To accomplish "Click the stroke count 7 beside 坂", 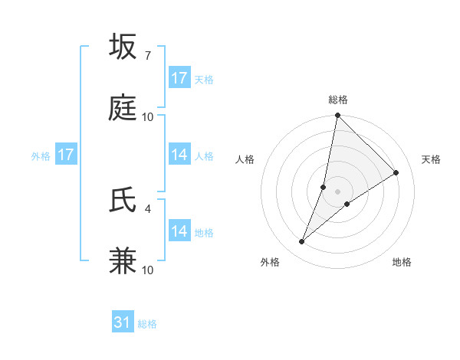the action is point(147,55).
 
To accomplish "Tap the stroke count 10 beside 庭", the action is point(148,116).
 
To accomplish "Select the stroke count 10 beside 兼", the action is point(148,270).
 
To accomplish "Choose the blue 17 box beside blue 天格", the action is point(179,78).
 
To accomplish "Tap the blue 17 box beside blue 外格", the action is point(66,155).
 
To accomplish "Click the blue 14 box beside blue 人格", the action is point(179,155).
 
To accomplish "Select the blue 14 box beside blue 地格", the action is point(179,231).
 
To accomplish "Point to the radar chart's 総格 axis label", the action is point(338,100).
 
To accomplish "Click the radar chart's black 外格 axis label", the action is point(270,262).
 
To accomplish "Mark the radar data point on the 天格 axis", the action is point(396,172).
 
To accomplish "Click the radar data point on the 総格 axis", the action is point(338,116).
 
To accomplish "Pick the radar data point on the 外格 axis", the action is point(302,242).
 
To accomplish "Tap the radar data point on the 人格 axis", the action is point(324,187).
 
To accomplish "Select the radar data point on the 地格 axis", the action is point(347,204).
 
